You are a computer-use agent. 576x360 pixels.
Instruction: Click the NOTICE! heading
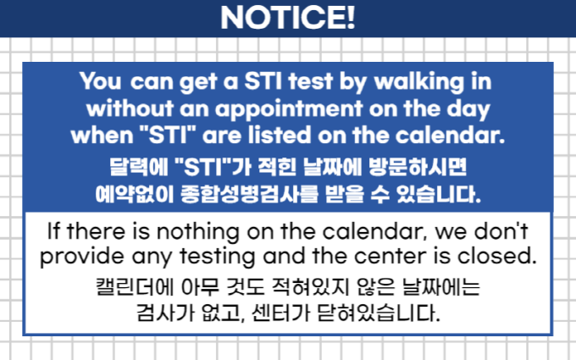pyautogui.click(x=288, y=17)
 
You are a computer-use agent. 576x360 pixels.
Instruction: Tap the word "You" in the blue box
pyautogui.click(x=100, y=80)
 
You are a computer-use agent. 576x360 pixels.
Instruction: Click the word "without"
pyautogui.click(x=130, y=108)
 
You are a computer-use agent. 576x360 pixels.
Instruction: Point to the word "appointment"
pyautogui.click(x=289, y=110)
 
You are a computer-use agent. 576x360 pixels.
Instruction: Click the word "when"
pyautogui.click(x=102, y=136)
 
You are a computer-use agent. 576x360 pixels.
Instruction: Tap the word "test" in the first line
pyautogui.click(x=310, y=81)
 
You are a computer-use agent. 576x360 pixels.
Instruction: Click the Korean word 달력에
pyautogui.click(x=139, y=167)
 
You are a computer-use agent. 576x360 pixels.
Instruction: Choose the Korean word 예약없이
pyautogui.click(x=135, y=194)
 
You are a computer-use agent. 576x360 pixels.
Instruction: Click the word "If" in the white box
pyautogui.click(x=53, y=231)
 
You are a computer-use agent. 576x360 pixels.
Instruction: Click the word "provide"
pyautogui.click(x=82, y=257)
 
